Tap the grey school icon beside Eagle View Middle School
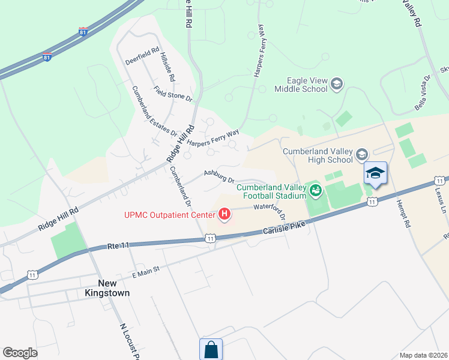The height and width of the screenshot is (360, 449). click(x=337, y=84)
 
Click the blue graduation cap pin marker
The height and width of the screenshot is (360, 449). click(x=376, y=174)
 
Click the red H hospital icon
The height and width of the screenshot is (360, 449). click(x=224, y=214)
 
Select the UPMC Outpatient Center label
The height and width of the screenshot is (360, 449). click(x=169, y=214)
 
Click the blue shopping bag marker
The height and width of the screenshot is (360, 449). click(x=211, y=350)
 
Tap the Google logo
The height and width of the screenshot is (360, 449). click(x=20, y=353)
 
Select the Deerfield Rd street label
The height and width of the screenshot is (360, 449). click(x=142, y=57)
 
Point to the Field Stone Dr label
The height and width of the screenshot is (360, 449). click(x=172, y=94)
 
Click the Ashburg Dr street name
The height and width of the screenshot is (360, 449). click(x=218, y=175)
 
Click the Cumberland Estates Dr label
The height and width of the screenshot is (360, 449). click(x=154, y=110)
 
